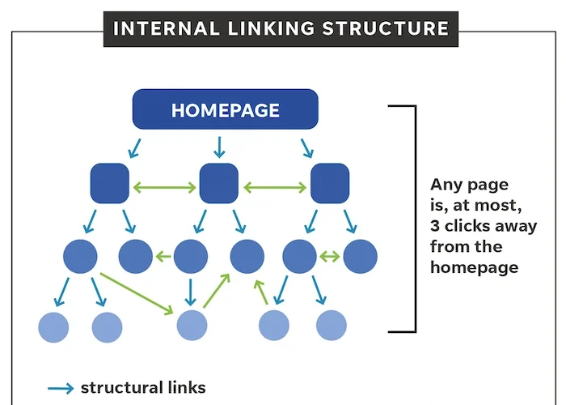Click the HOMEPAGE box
[x=226, y=109]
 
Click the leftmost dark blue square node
[x=109, y=183]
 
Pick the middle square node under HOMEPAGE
[x=218, y=183]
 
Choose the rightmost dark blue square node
[x=330, y=183]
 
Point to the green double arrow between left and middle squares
[x=164, y=188]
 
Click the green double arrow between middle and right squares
[x=274, y=188]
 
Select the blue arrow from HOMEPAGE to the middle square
[x=218, y=147]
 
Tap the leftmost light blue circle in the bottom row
[x=54, y=326]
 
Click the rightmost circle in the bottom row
[x=332, y=326]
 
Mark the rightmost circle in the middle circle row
[x=360, y=257]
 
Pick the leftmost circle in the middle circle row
[x=79, y=257]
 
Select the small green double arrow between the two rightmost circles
[x=329, y=258]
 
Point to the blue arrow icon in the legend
[x=61, y=388]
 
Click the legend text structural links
[x=143, y=388]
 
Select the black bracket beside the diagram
[x=414, y=219]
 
